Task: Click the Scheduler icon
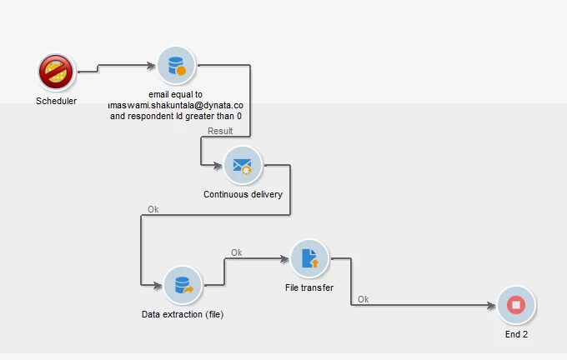coord(57,73)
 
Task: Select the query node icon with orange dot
coord(176,65)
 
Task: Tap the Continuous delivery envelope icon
coord(243,165)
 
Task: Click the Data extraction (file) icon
coord(183,285)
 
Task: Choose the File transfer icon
coord(309,258)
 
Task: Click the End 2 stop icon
coord(516,305)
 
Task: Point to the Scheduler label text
coord(57,102)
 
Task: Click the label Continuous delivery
coord(243,194)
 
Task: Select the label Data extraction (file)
coord(183,314)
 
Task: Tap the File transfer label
coord(309,288)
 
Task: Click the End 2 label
coord(516,334)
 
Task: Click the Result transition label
coord(220,131)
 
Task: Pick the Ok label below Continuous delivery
coord(153,209)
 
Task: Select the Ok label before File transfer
coord(237,252)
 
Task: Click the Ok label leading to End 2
coord(364,299)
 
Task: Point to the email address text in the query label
coord(176,106)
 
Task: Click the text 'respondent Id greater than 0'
coord(188,117)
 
